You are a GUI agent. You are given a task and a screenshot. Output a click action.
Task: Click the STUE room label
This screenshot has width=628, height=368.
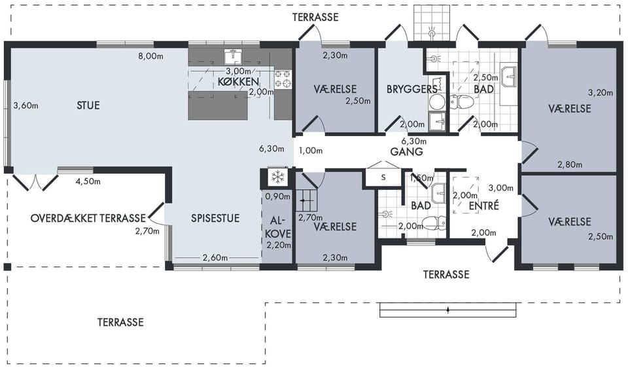click(x=88, y=105)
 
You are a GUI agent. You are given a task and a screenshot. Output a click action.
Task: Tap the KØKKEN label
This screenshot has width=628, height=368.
click(x=238, y=82)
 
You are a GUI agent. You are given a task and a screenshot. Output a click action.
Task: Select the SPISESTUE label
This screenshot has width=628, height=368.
click(x=215, y=219)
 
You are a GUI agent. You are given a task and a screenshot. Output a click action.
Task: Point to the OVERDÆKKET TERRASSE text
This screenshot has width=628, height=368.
click(x=88, y=219)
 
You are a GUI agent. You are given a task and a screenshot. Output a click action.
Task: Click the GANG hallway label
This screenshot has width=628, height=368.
click(x=406, y=151)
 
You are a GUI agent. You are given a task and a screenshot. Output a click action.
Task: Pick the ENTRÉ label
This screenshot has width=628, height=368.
click(x=484, y=206)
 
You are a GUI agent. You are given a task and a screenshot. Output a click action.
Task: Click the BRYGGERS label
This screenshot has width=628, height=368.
click(x=411, y=89)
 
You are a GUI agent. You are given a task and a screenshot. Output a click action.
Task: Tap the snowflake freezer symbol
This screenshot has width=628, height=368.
click(x=277, y=176)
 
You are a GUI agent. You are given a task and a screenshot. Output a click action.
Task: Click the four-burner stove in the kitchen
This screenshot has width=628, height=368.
click(x=283, y=79)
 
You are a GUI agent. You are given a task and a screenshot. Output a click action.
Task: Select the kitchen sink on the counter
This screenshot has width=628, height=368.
click(x=233, y=57)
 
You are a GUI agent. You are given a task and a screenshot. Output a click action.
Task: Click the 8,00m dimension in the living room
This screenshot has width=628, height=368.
click(x=150, y=56)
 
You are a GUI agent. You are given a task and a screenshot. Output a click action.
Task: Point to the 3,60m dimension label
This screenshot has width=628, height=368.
click(x=26, y=106)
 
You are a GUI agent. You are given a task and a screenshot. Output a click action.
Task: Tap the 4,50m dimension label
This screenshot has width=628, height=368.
click(x=88, y=181)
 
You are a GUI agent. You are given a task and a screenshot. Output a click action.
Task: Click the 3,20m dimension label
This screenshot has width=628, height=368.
click(x=601, y=93)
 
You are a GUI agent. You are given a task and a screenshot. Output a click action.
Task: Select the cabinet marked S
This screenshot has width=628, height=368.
click(x=383, y=177)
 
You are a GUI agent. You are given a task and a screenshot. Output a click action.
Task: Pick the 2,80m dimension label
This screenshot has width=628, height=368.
click(x=570, y=164)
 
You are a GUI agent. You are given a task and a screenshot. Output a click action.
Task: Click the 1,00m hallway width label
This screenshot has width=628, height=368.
click(x=311, y=151)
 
